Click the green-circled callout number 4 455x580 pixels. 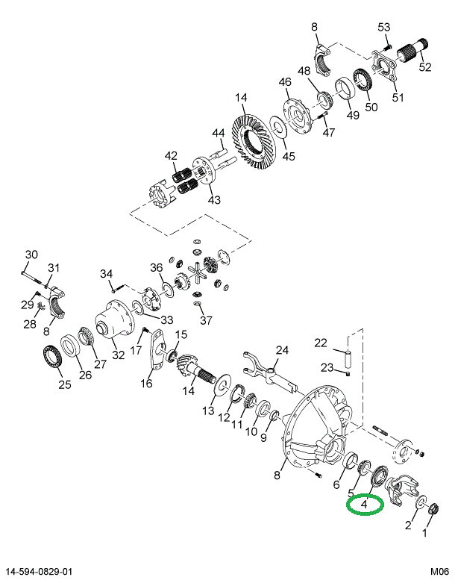pos(364,504)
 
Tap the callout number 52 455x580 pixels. pos(425,67)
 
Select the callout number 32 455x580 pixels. pos(119,355)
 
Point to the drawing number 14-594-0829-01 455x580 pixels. pos(37,572)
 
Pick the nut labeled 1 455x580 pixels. pos(433,509)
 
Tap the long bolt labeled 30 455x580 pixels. pos(32,278)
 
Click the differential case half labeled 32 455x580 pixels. pos(113,319)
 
